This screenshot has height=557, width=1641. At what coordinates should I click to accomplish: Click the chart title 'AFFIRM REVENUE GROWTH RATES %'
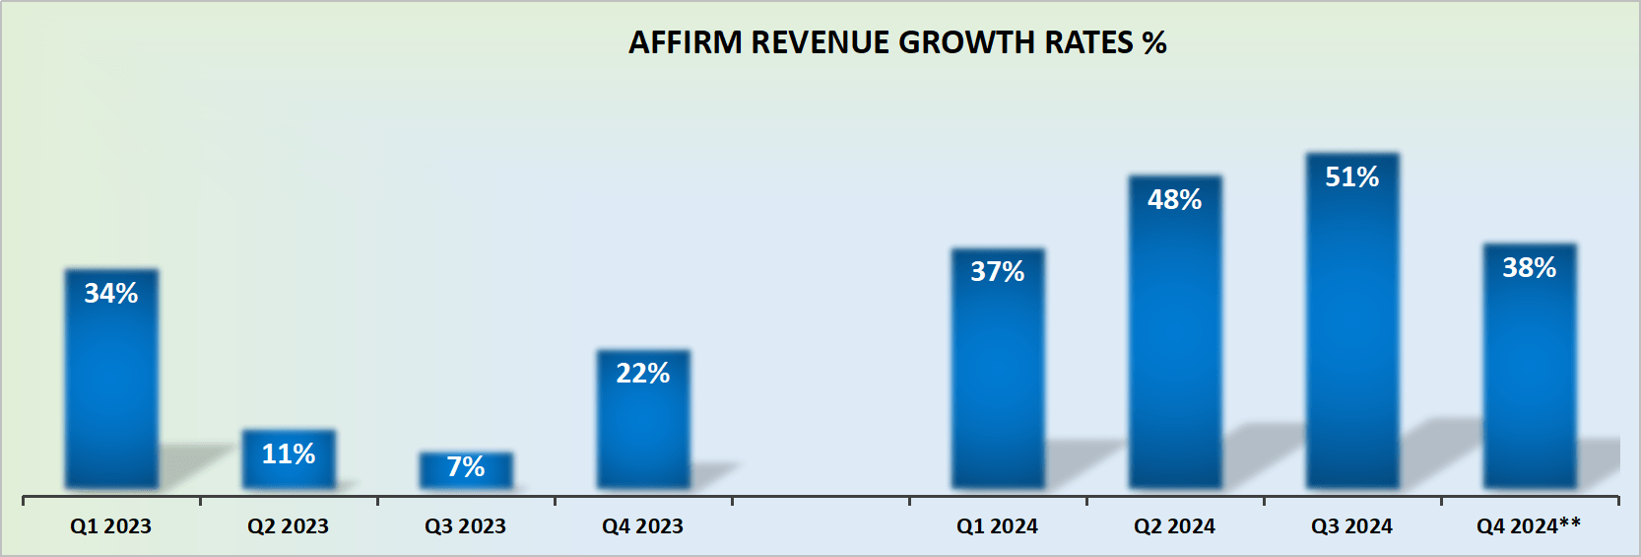click(x=897, y=42)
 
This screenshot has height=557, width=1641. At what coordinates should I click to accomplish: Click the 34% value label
click(x=111, y=293)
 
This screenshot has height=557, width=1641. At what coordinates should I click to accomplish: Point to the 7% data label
click(x=466, y=466)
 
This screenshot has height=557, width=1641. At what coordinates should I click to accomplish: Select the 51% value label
click(x=1352, y=176)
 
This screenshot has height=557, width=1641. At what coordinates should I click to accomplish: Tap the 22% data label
click(x=643, y=373)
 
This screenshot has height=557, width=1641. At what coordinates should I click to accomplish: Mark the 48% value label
click(x=1175, y=199)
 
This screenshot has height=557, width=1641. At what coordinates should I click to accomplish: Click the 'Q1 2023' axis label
click(x=111, y=526)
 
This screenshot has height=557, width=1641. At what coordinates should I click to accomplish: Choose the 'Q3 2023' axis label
click(x=466, y=526)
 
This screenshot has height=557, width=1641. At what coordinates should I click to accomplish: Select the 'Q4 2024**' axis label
click(x=1529, y=526)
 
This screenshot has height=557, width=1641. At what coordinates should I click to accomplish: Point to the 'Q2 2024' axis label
click(x=1175, y=526)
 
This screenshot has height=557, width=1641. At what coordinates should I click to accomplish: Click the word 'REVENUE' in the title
click(x=821, y=42)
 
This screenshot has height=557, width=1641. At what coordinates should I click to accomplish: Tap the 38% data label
click(x=1530, y=267)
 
